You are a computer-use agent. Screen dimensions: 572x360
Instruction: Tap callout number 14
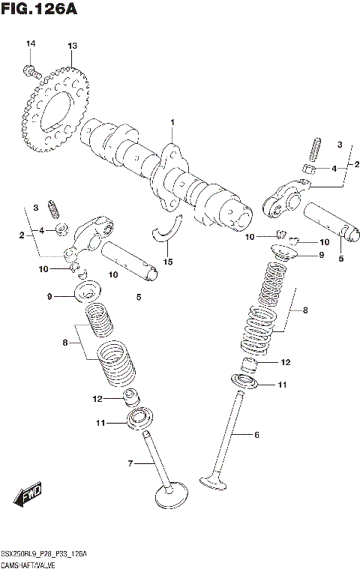click(x=31, y=46)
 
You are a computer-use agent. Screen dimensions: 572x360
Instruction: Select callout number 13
click(x=72, y=46)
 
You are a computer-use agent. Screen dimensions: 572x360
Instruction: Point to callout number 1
click(x=172, y=122)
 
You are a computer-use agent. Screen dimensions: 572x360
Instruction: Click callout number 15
click(x=168, y=261)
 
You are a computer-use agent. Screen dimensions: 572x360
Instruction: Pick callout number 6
click(x=256, y=434)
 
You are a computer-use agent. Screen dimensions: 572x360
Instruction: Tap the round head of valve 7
click(x=170, y=496)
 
